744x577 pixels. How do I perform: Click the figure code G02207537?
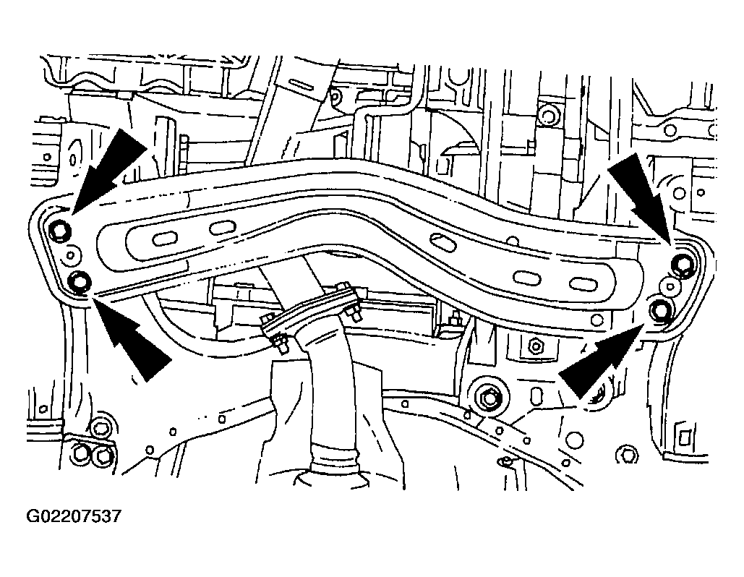pos(74,516)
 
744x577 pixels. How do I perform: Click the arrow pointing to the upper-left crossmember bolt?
pos(108,170)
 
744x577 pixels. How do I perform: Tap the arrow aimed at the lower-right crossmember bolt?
pos(602,357)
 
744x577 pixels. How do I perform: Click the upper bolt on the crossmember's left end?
pos(61,231)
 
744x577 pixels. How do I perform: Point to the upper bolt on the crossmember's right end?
pos(683,264)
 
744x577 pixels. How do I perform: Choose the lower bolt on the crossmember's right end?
pos(661,311)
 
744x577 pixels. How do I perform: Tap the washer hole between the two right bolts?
pos(670,286)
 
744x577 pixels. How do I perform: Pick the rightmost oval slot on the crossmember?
pos(579,283)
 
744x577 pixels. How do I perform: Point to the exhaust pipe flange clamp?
pos(311,314)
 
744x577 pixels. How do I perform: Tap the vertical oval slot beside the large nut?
pos(536,396)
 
